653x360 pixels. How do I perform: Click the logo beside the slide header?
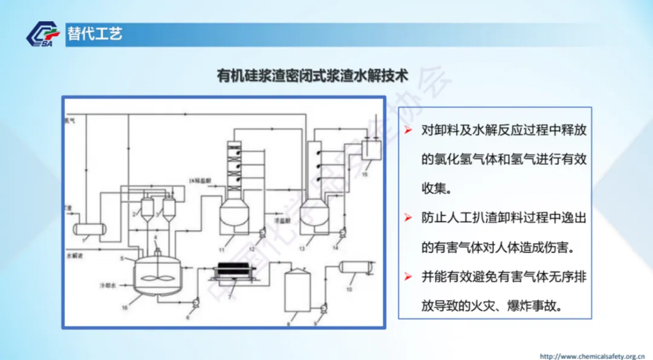point(43,34)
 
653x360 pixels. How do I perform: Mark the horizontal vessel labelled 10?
point(356,267)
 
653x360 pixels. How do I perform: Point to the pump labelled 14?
point(342,231)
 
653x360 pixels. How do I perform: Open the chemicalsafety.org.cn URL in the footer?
point(592,355)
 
